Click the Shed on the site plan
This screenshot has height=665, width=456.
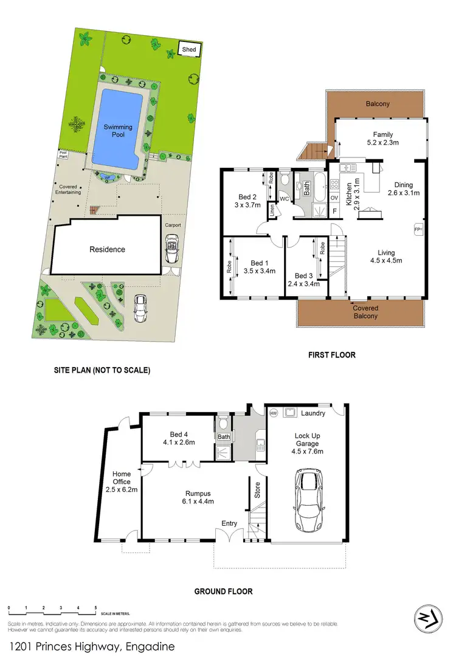click(189, 49)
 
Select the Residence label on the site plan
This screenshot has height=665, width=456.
click(108, 249)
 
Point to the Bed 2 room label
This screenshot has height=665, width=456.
click(246, 196)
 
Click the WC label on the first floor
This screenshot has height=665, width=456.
click(284, 198)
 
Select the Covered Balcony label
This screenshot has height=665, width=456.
click(365, 312)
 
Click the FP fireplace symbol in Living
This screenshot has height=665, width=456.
click(418, 229)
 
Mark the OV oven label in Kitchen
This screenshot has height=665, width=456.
click(334, 198)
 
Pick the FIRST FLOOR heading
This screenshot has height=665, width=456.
click(331, 355)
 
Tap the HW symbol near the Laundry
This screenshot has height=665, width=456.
click(274, 413)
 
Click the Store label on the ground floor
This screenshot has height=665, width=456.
click(257, 491)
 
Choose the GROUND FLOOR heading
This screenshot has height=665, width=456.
click(223, 591)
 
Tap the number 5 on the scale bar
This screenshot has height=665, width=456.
click(95, 608)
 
